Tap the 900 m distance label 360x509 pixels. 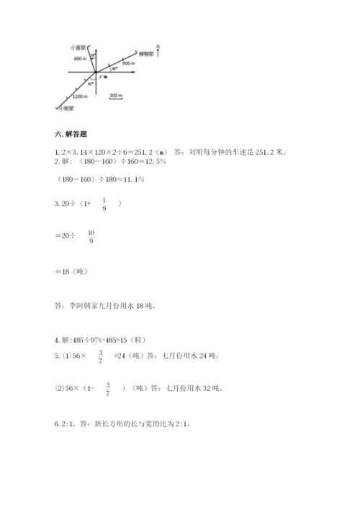[129, 64]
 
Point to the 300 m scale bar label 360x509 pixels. [115, 95]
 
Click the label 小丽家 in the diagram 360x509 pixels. [78, 45]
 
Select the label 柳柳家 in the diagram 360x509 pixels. [147, 54]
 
